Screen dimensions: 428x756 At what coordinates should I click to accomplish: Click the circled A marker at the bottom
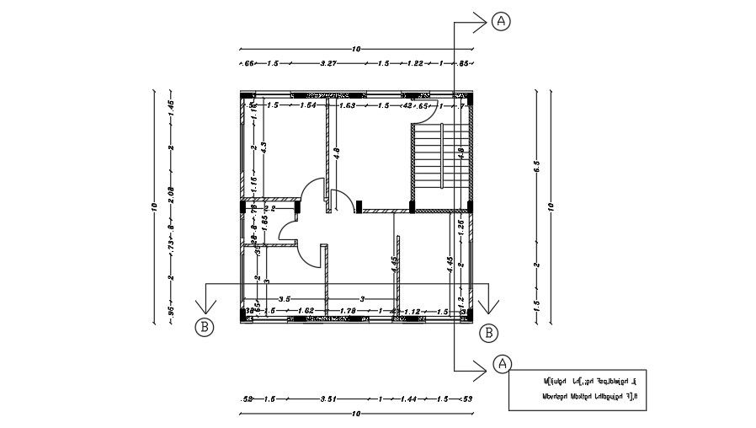point(501,363)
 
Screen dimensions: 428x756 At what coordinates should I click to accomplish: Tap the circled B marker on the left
point(204,328)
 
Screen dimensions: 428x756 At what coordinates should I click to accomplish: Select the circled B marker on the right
point(488,332)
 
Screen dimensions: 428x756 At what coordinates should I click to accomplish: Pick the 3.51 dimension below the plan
point(331,398)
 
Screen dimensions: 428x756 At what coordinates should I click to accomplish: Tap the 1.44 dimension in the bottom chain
point(408,398)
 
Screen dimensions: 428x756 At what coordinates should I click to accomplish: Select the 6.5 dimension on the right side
point(535,164)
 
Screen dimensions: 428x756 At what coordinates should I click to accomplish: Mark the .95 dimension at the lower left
point(170,311)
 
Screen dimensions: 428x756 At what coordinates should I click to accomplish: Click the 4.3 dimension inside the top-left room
point(264,147)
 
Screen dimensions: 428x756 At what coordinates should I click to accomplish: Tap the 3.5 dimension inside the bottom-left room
point(285,299)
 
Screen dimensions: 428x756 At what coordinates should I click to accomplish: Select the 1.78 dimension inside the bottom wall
point(348,312)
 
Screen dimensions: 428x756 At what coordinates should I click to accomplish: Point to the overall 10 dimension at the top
point(356,49)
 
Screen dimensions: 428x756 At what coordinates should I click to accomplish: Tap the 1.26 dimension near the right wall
point(461,225)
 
